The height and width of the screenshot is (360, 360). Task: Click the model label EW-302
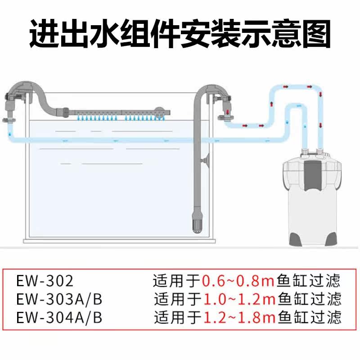44,282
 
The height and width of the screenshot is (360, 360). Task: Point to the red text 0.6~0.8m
238,282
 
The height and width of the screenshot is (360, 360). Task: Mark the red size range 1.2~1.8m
239,317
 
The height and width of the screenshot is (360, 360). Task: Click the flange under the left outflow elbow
9,120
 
